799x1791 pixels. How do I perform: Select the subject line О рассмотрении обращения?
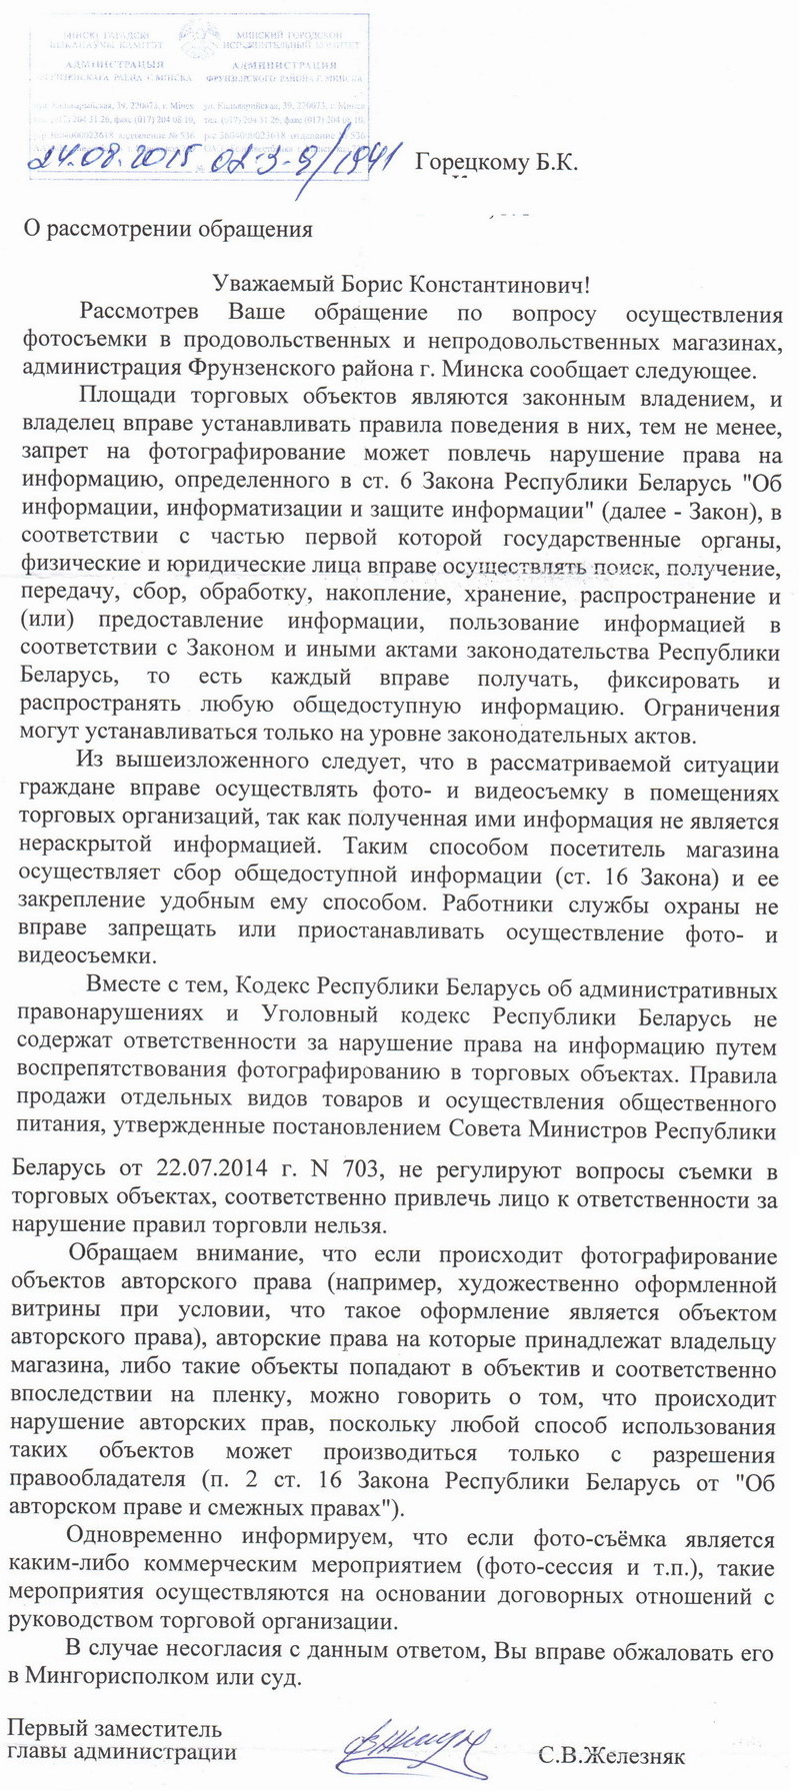[168, 229]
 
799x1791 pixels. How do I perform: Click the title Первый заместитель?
[115, 1728]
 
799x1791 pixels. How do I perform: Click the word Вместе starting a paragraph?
[119, 989]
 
